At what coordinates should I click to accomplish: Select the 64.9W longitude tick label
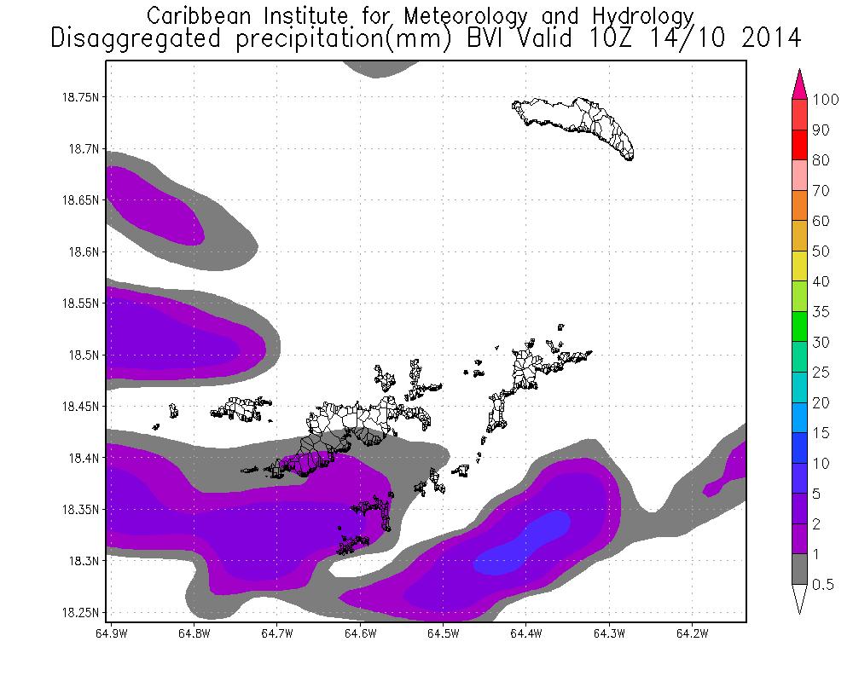(x=108, y=633)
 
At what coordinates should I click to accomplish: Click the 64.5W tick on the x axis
(x=443, y=633)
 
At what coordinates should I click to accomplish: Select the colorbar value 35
(x=820, y=311)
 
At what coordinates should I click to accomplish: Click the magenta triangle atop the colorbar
(x=799, y=84)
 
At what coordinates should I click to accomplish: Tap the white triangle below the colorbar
(x=799, y=598)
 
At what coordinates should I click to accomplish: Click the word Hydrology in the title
(x=638, y=16)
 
